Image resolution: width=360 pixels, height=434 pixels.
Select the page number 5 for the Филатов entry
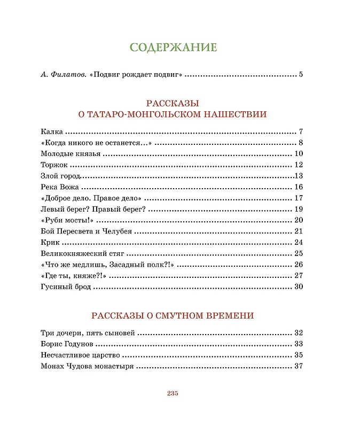(301, 74)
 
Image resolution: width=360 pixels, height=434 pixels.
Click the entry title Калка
(52, 131)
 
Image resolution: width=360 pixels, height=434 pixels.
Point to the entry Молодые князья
(71, 154)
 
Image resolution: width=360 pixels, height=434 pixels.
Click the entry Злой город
(60, 176)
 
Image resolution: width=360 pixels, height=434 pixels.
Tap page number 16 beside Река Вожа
(299, 187)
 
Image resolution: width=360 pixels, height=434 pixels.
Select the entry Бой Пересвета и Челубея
(86, 231)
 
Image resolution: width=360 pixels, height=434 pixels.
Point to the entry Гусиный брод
(66, 287)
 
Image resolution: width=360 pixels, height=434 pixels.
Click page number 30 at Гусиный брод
(299, 287)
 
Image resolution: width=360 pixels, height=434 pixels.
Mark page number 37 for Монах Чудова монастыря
(299, 366)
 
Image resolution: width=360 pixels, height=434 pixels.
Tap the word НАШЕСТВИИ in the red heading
(238, 114)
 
